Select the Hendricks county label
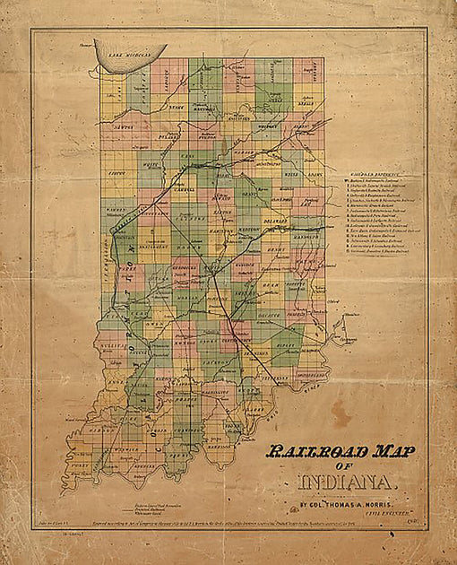(x=185, y=269)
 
